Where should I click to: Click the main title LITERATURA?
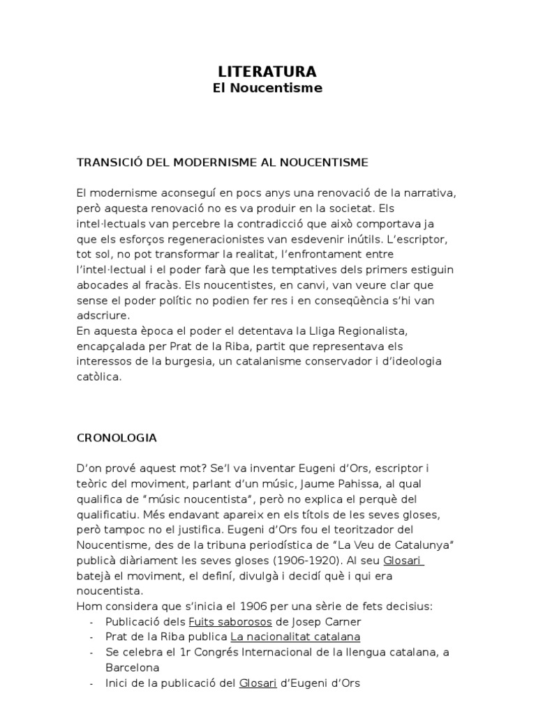[x=267, y=72]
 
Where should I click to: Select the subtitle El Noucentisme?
[x=267, y=89]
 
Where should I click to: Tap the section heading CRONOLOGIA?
[x=117, y=438]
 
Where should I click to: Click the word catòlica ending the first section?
[x=99, y=377]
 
